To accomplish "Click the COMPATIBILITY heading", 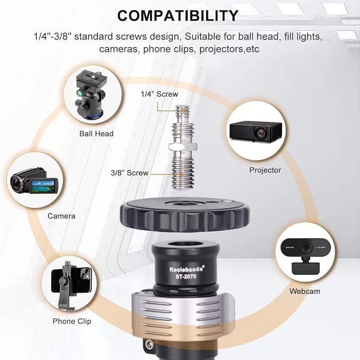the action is [x=178, y=15].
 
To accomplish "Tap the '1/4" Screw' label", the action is [x=160, y=94].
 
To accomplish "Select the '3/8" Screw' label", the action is [x=129, y=173].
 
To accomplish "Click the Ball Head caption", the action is [x=96, y=134].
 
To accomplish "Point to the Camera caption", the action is [x=62, y=216].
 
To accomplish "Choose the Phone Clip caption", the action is [x=72, y=321].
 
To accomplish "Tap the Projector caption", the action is [x=265, y=170].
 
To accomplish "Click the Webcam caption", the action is [x=305, y=291].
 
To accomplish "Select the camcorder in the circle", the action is [x=34, y=180].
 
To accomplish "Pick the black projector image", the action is [x=256, y=131].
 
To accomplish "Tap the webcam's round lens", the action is [x=305, y=248].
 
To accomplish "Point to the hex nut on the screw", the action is [x=183, y=146].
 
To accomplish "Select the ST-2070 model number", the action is [x=186, y=276].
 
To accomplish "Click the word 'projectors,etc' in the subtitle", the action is [x=229, y=49].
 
